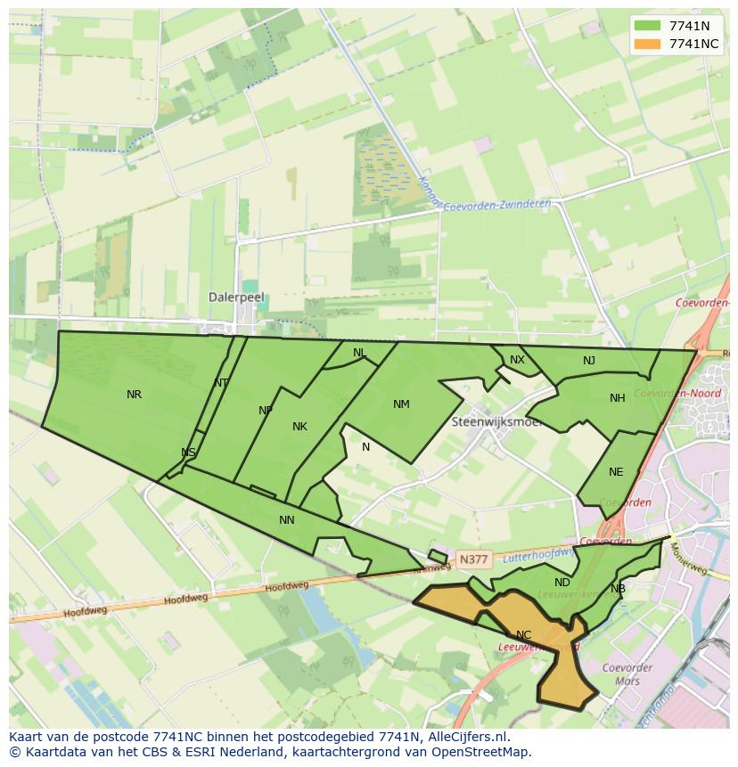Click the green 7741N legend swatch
[647, 27]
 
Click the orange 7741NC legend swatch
[647, 44]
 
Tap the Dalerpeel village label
[236, 298]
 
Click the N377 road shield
[472, 559]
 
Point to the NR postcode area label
[134, 395]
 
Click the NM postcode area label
[401, 404]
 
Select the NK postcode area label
[299, 427]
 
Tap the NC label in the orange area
[523, 635]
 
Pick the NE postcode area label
[616, 472]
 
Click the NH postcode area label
[618, 398]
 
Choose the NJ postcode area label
[589, 361]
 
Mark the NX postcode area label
[517, 360]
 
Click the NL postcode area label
[359, 353]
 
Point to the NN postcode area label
[287, 520]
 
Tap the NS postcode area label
[188, 453]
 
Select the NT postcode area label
[221, 383]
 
